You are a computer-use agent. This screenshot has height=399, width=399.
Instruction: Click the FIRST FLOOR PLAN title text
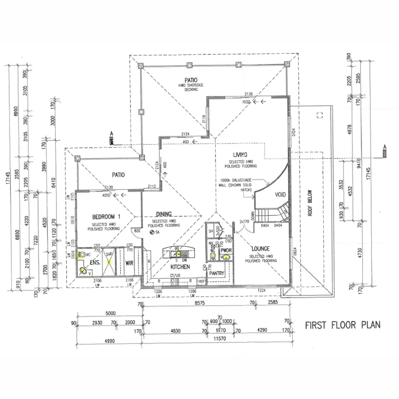342,325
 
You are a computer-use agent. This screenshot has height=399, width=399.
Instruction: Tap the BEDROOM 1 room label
106,217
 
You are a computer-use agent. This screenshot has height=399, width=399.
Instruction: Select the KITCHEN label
180,267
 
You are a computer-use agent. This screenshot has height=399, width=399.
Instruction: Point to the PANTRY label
217,273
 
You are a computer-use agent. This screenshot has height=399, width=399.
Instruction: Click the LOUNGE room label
260,249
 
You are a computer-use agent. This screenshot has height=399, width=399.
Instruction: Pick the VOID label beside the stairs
280,195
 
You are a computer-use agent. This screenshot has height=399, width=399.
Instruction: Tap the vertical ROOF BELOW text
310,203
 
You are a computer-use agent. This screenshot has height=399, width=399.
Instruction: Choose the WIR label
129,263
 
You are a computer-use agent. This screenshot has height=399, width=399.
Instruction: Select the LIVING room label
240,155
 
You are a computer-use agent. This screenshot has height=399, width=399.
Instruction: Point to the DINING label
164,214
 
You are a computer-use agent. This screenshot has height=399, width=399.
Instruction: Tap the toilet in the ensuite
81,255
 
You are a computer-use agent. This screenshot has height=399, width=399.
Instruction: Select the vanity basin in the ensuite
83,271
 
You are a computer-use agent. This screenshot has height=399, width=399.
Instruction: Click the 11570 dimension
220,338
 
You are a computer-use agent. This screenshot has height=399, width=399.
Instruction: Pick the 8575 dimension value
199,303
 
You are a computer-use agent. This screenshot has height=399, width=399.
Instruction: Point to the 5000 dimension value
110,313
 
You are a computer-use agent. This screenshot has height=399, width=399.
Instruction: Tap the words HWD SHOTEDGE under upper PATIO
191,85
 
